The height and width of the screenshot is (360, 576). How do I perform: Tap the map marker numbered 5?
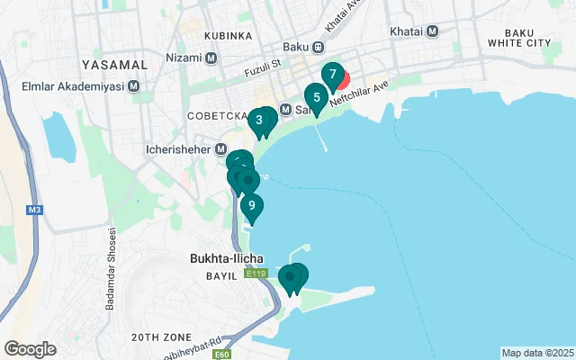[x=316, y=98]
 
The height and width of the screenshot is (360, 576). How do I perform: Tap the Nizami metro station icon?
[x=211, y=58]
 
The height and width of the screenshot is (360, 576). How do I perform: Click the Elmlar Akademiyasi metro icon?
[x=134, y=86]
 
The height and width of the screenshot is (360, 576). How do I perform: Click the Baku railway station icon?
[x=319, y=47]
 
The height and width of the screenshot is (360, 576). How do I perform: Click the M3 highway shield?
[x=34, y=211]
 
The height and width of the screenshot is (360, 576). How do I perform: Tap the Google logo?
[x=30, y=349]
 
